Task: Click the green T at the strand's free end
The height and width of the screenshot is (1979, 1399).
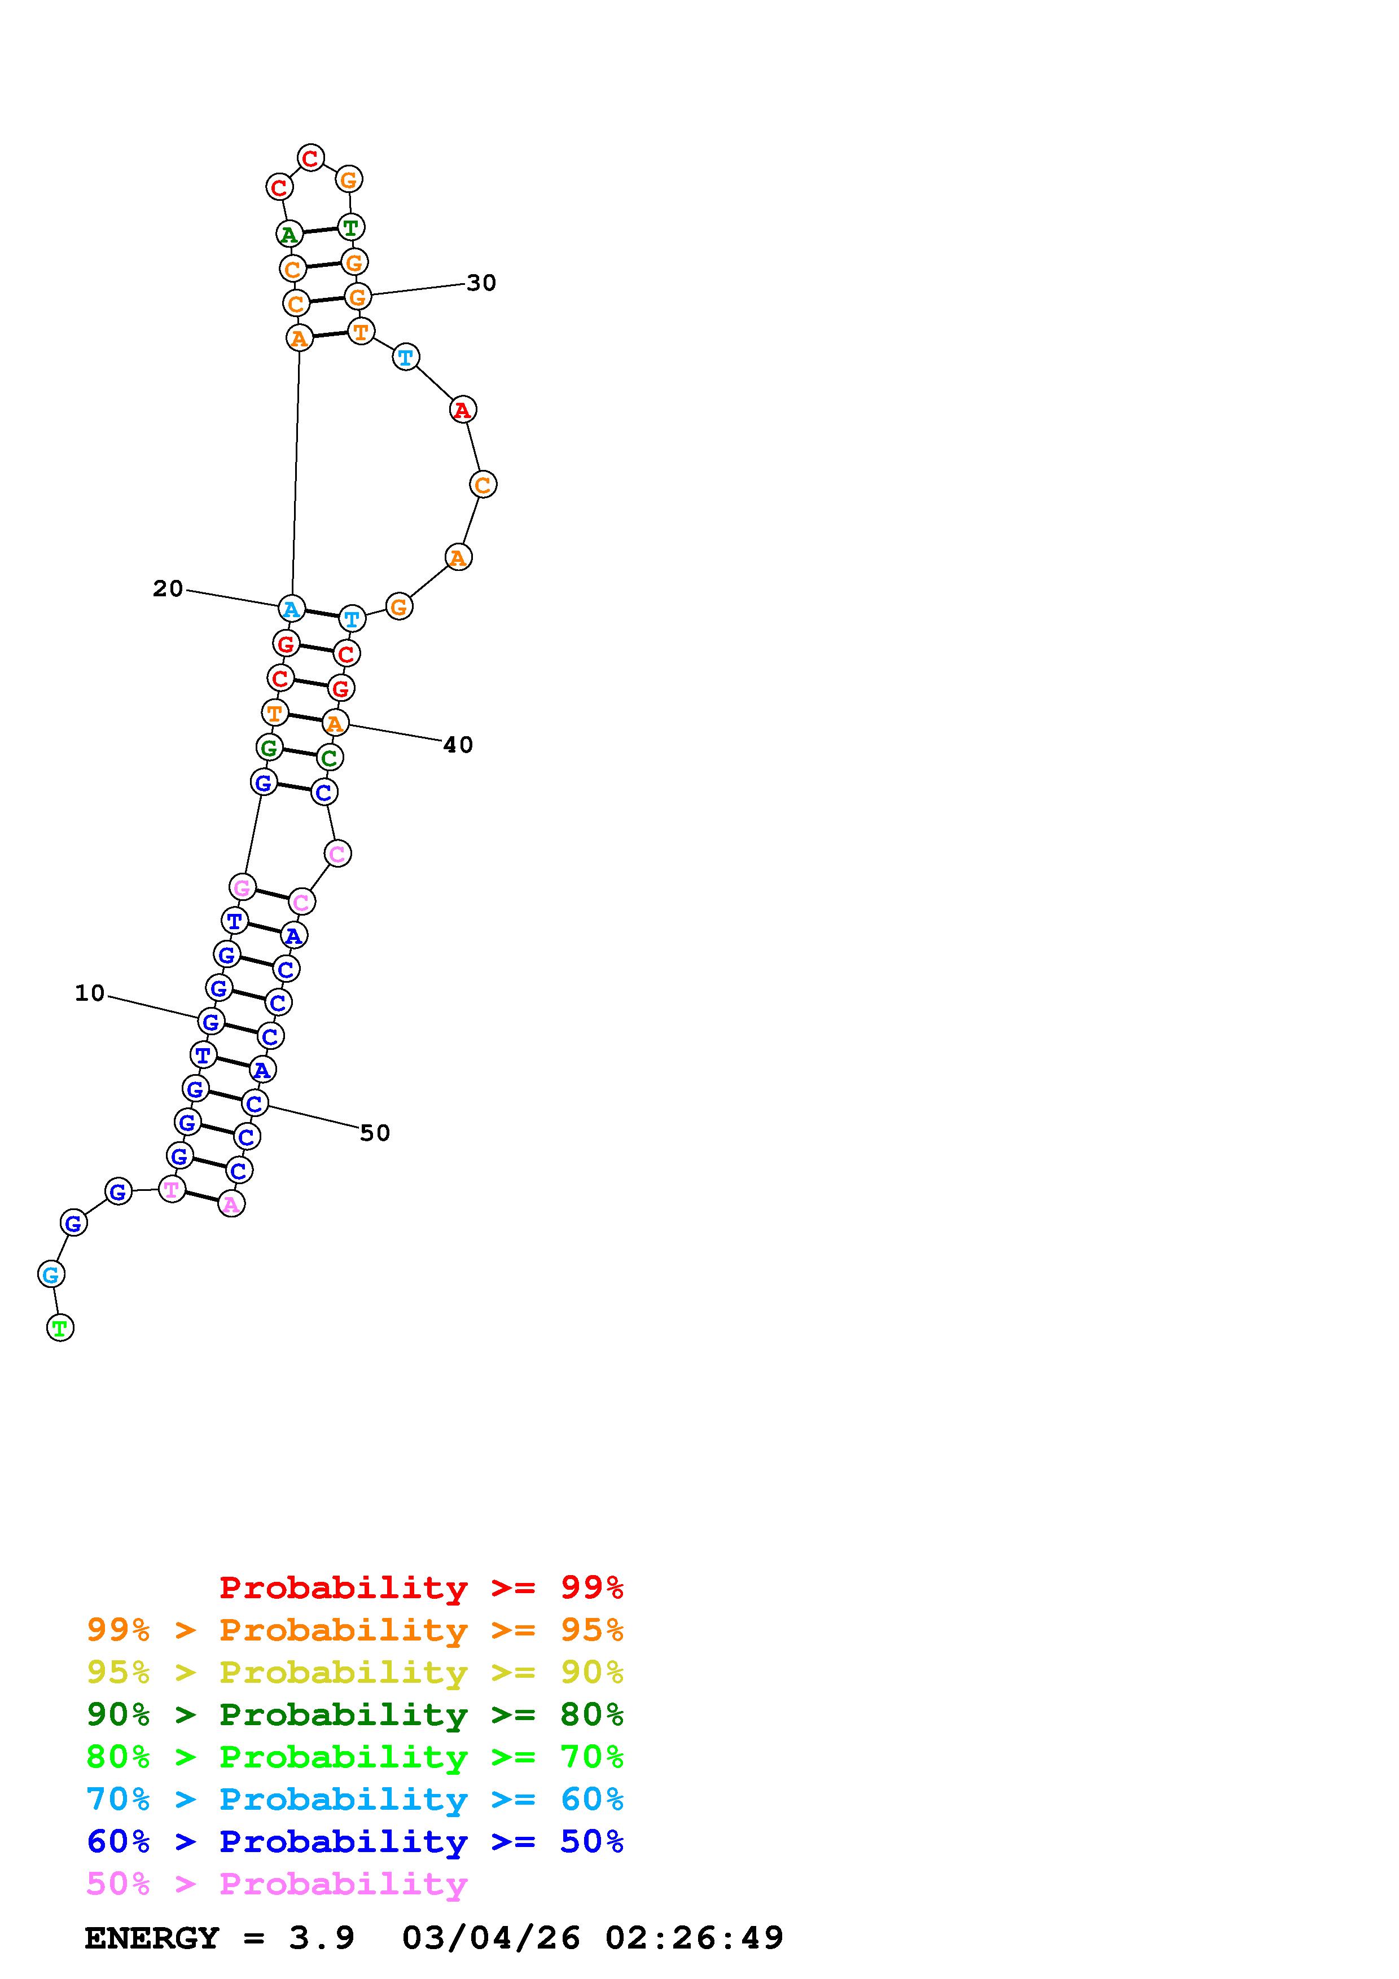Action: [x=59, y=1328]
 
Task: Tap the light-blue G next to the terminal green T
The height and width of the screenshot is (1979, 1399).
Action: [x=52, y=1274]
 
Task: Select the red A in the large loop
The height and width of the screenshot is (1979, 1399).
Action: [x=463, y=410]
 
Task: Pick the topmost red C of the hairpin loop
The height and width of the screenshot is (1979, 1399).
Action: [x=310, y=158]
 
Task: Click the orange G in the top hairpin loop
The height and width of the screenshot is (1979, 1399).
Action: [x=348, y=179]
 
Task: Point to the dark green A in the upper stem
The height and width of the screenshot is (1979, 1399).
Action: [x=290, y=234]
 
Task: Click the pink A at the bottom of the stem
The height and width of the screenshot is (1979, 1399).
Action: [x=231, y=1203]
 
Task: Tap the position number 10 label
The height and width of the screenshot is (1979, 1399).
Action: [x=90, y=994]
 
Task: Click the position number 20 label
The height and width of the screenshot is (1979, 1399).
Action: [x=168, y=589]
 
